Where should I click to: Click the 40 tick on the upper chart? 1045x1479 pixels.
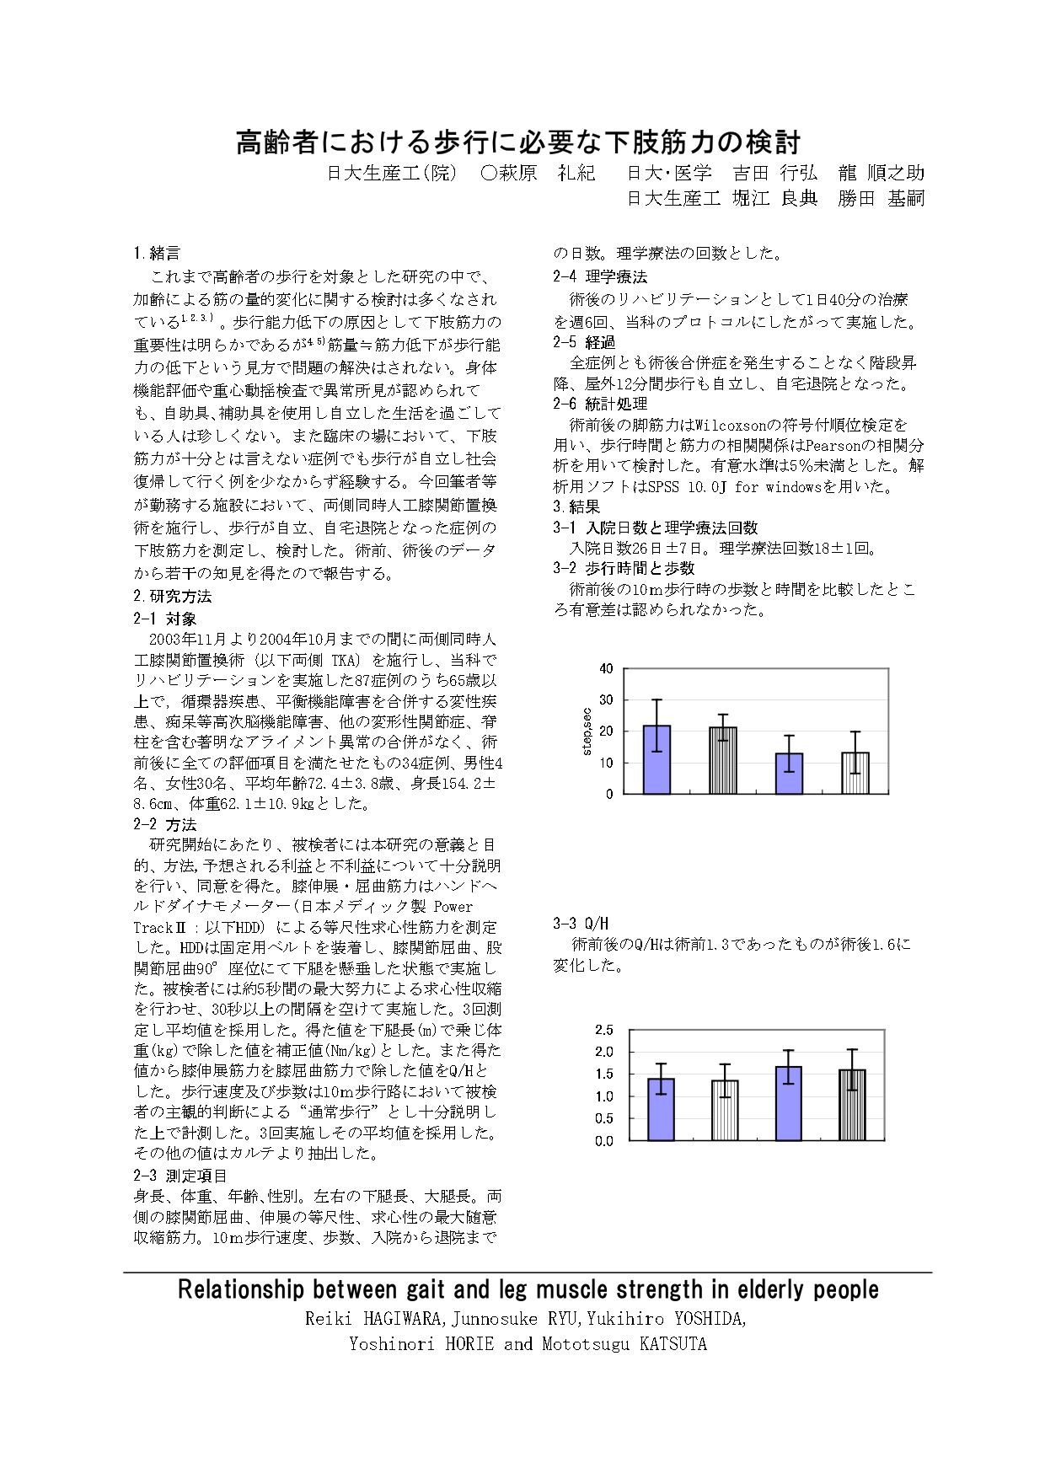click(x=606, y=669)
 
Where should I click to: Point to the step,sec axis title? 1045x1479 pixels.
click(x=587, y=731)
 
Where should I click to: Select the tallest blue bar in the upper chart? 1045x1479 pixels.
click(x=656, y=759)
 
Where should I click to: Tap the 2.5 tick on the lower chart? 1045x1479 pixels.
click(x=603, y=1030)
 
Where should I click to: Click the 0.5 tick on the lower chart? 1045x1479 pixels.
click(x=603, y=1119)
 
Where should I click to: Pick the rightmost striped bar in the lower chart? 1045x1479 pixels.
click(x=852, y=1105)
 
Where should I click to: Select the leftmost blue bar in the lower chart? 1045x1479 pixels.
click(x=661, y=1109)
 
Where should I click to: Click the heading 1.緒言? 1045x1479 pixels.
click(x=157, y=254)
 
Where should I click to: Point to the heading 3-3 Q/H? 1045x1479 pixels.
click(x=581, y=924)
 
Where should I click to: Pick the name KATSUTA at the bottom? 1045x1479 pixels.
click(x=673, y=1344)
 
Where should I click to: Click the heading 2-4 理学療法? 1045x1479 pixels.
click(x=600, y=276)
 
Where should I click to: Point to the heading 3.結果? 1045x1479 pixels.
click(x=576, y=507)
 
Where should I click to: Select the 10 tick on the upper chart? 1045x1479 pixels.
click(x=606, y=763)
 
